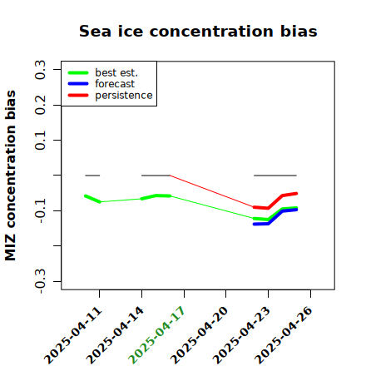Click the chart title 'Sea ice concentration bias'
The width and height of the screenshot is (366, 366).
[x=198, y=32]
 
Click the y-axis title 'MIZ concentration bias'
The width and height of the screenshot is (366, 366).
[x=11, y=176]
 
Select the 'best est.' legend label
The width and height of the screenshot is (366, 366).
[x=116, y=72]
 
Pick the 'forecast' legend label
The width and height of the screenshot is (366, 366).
[x=115, y=84]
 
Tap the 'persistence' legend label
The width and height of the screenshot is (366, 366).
[x=124, y=96]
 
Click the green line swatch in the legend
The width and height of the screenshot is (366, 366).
[x=78, y=72]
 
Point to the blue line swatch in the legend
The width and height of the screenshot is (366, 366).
[x=78, y=84]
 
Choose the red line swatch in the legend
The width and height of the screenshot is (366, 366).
[x=78, y=96]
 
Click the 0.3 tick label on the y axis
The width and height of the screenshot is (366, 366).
[x=40, y=70]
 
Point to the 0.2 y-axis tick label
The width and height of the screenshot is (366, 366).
[x=40, y=105]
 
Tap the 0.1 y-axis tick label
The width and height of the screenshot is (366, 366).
[x=40, y=141]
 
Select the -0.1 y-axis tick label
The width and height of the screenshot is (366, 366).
[x=40, y=211]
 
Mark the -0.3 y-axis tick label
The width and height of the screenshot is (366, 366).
[x=40, y=281]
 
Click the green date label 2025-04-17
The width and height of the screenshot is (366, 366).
[x=156, y=334]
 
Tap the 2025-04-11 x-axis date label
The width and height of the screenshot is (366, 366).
[x=72, y=334]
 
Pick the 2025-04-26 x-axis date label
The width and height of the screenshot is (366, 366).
[x=283, y=334]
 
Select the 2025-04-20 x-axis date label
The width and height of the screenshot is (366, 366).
[x=199, y=334]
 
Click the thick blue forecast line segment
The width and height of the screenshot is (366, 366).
[x=275, y=217]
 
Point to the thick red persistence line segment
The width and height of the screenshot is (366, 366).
[x=275, y=200]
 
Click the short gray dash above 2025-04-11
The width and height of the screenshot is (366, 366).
[x=92, y=176]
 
